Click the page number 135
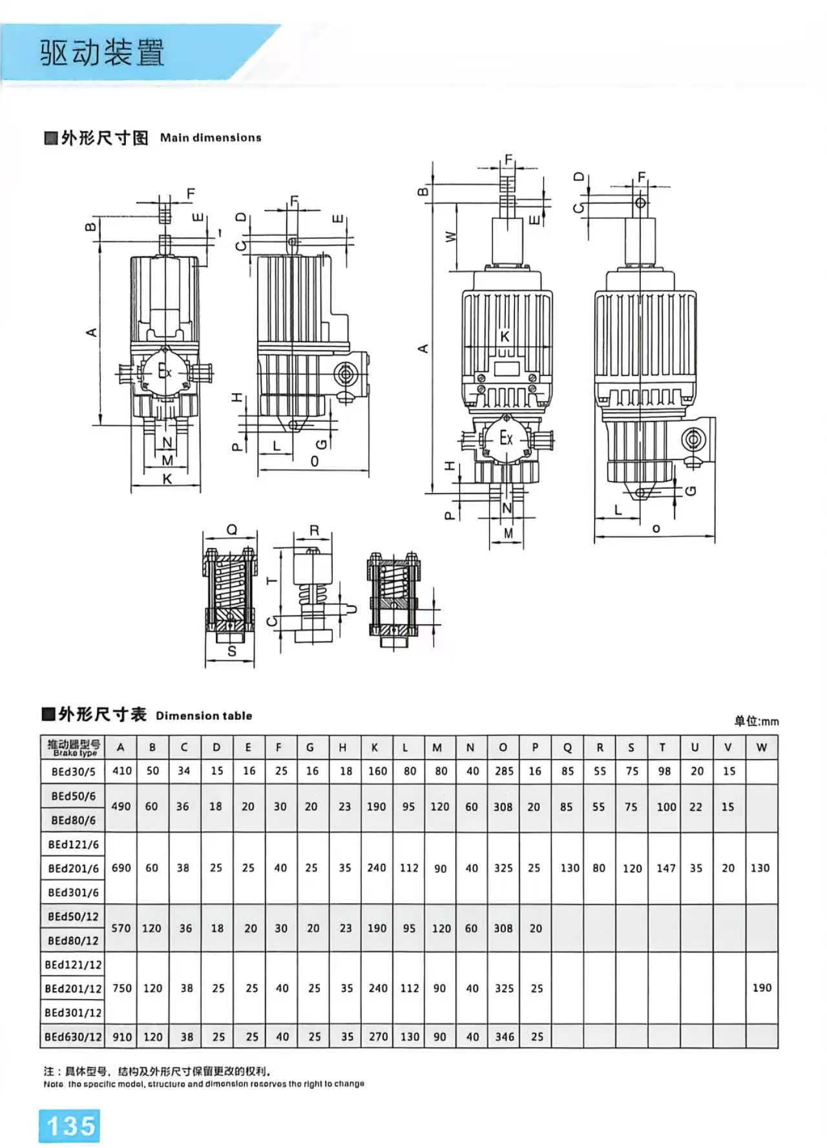[70, 1125]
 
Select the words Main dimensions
[211, 138]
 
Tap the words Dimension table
[204, 715]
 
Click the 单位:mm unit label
[755, 721]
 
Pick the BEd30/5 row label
[73, 772]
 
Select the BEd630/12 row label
[73, 1037]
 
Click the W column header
[761, 748]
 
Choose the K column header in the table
[375, 748]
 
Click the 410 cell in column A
[121, 771]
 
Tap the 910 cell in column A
[121, 1037]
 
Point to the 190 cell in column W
[762, 987]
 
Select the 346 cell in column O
[504, 1037]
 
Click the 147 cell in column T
[665, 868]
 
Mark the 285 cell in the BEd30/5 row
[504, 771]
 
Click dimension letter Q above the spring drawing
[231, 530]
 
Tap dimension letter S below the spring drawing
[232, 651]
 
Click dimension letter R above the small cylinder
[314, 531]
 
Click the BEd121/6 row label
[73, 845]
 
